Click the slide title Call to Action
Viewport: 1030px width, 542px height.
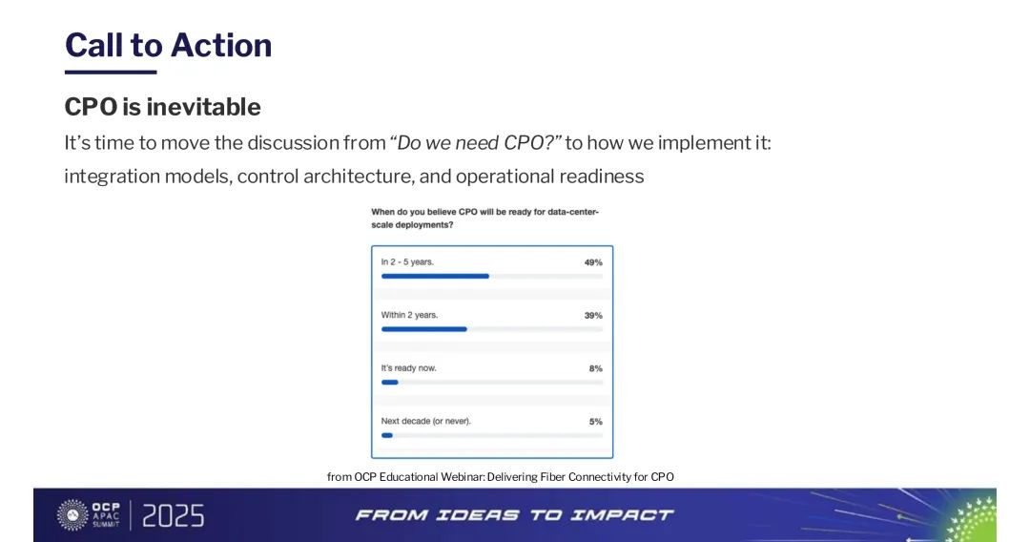click(x=168, y=46)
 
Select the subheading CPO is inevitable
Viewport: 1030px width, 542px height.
click(x=162, y=107)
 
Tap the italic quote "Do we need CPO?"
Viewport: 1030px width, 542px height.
click(x=476, y=142)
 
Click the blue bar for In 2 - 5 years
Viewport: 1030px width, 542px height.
click(x=435, y=276)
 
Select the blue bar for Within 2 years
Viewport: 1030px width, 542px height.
click(x=423, y=329)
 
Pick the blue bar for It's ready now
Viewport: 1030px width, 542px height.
click(x=389, y=383)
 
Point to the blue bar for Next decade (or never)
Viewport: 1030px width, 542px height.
click(x=387, y=435)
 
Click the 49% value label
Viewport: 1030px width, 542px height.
click(x=593, y=262)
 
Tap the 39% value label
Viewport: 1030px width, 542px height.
click(x=593, y=315)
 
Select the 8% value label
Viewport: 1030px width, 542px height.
click(x=596, y=368)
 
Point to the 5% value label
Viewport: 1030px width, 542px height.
click(x=596, y=422)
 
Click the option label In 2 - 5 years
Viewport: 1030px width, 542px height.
click(x=407, y=261)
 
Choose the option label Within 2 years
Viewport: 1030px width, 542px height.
click(x=409, y=315)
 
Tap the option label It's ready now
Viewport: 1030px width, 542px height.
click(x=408, y=368)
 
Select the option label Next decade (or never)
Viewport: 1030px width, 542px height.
click(x=425, y=421)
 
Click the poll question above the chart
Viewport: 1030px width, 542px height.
click(x=484, y=219)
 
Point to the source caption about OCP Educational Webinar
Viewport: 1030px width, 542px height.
click(x=501, y=477)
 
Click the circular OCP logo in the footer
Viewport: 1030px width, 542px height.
click(x=72, y=515)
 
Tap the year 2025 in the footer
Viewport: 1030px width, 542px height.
click(x=174, y=515)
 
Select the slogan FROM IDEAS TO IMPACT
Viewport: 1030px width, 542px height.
click(x=514, y=515)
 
